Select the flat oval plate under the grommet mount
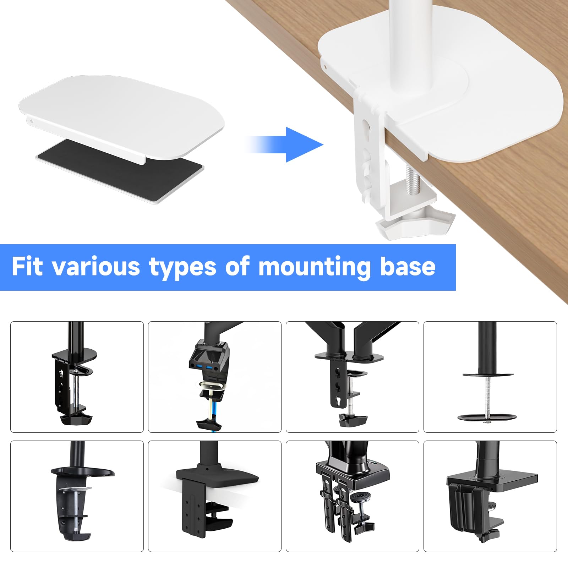coord(487,417)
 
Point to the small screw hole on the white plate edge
coord(31,121)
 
